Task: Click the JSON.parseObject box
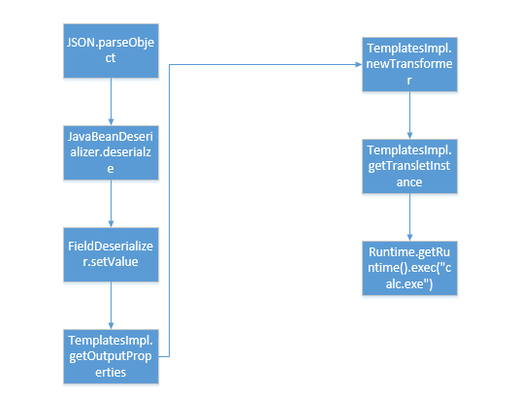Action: pos(111,51)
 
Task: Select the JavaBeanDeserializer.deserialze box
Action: pos(111,153)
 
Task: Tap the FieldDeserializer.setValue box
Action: pos(111,254)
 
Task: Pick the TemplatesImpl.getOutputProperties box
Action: pos(111,356)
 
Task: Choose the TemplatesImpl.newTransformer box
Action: pos(409,65)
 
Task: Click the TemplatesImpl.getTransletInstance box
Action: pos(409,167)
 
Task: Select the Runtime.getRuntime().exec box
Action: pos(409,268)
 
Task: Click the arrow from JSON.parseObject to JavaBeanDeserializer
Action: pos(111,102)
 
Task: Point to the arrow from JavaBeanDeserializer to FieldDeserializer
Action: pos(111,204)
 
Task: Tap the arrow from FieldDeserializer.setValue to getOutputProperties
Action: pos(111,306)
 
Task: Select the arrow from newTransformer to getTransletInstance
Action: pos(409,115)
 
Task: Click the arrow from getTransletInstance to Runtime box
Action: pos(409,217)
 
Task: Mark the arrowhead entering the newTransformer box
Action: pos(359,65)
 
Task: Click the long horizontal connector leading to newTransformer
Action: pos(266,65)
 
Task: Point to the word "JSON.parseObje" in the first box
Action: pos(111,44)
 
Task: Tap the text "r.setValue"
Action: pos(111,262)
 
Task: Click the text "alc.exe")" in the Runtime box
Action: pos(409,284)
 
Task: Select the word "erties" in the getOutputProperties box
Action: pos(111,373)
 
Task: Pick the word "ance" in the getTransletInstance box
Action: pos(409,182)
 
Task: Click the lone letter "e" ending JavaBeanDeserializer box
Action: pos(111,169)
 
